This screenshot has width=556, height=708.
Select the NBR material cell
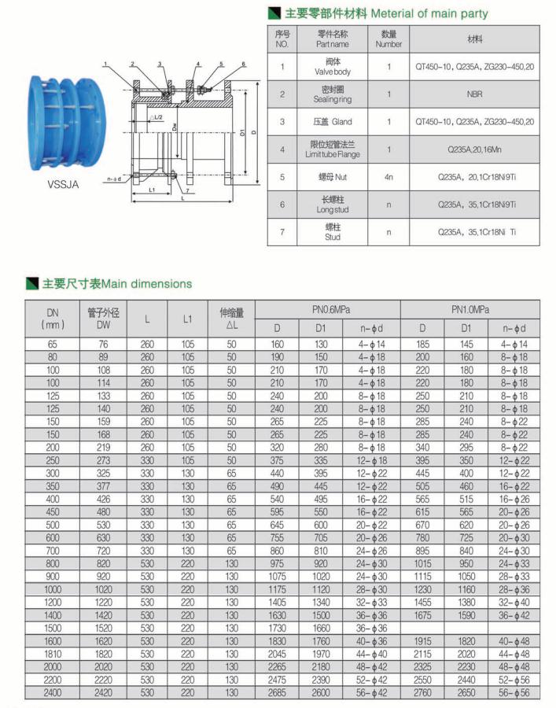click(x=474, y=94)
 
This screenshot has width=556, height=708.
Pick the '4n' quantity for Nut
click(x=388, y=177)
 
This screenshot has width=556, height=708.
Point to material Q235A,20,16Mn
click(x=474, y=149)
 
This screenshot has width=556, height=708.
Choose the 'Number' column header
click(x=388, y=39)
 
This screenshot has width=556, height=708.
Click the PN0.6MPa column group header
click(x=328, y=311)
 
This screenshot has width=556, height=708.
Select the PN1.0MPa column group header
click(x=470, y=311)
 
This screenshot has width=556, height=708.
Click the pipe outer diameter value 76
click(x=104, y=345)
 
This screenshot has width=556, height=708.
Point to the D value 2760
click(x=422, y=692)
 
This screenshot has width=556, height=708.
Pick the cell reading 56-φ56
click(x=515, y=692)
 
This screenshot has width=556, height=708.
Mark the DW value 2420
click(x=104, y=692)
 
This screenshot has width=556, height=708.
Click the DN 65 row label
click(x=52, y=345)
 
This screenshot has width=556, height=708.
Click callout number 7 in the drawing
click(x=190, y=191)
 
